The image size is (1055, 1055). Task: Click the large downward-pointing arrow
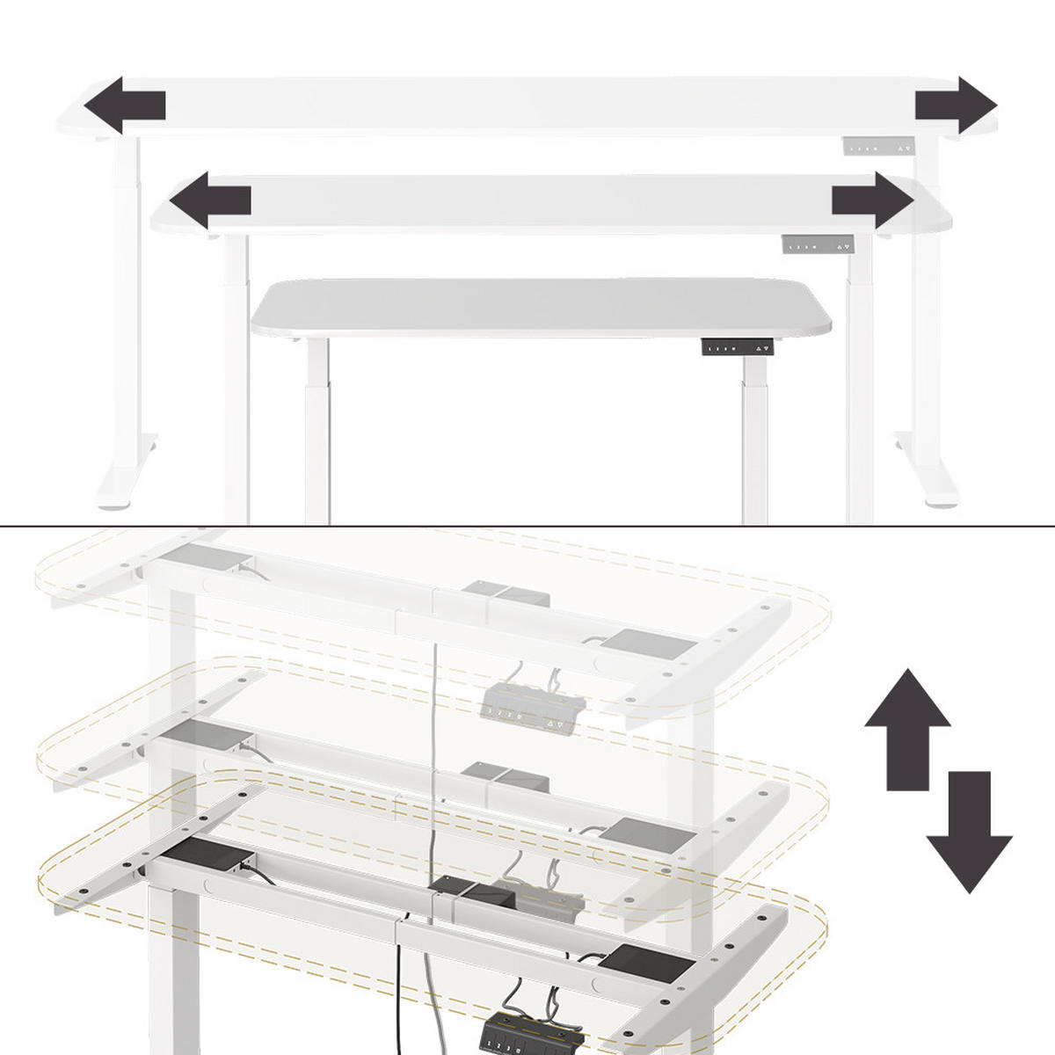click(x=969, y=831)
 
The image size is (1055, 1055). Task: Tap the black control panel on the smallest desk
click(x=740, y=347)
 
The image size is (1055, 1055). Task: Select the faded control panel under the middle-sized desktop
click(x=819, y=245)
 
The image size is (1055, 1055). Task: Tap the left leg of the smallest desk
click(x=317, y=431)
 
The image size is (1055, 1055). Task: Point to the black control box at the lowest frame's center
click(x=475, y=899)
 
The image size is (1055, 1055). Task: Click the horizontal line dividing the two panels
click(x=527, y=527)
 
